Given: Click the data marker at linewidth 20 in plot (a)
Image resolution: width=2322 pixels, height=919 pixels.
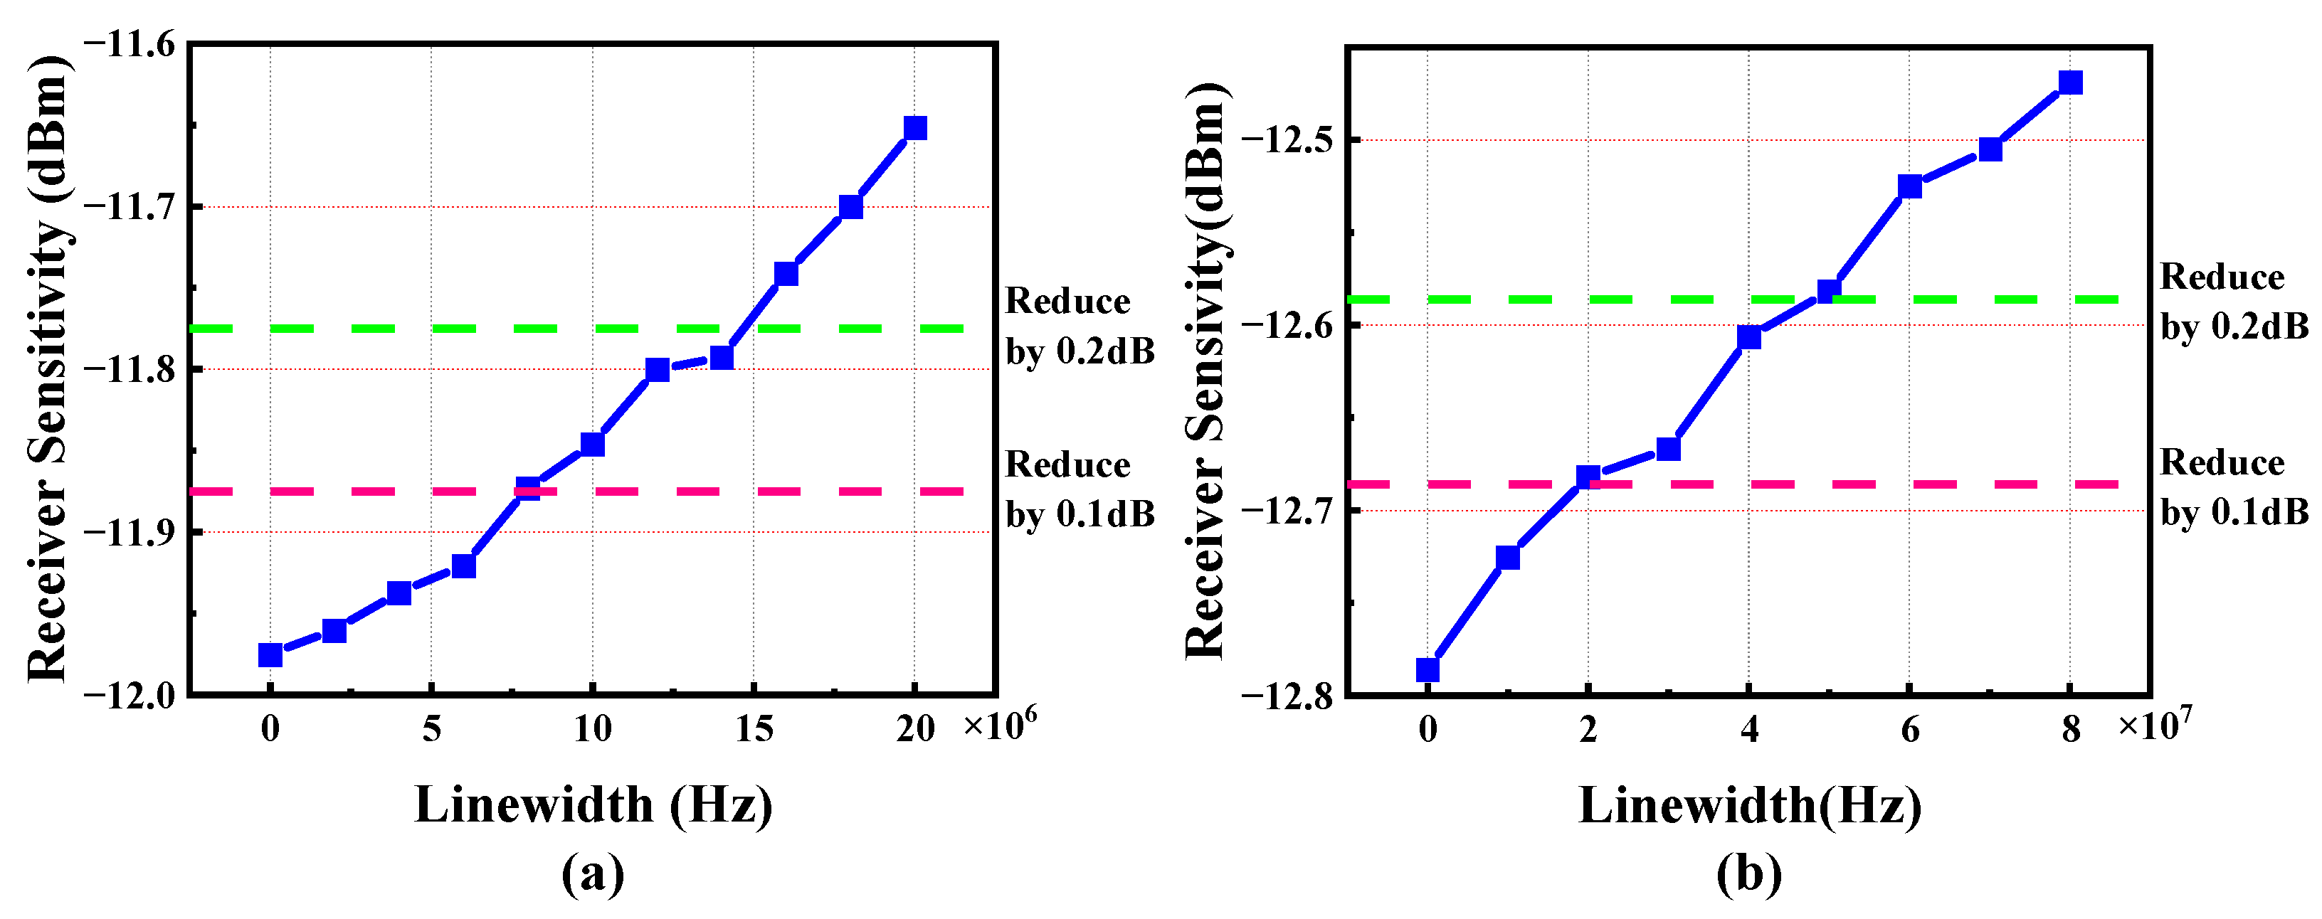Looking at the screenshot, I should (915, 128).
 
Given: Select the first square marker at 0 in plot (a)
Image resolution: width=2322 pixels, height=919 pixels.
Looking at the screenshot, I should (270, 655).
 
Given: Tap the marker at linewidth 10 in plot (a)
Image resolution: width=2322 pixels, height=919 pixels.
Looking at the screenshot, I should (592, 444).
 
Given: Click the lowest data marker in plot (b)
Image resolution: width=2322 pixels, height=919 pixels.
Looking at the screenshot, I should (1427, 669).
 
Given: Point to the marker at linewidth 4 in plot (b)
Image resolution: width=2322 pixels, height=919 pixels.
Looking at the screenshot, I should (1748, 337).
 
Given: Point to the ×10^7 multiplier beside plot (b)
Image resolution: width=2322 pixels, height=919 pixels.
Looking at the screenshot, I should (2154, 723).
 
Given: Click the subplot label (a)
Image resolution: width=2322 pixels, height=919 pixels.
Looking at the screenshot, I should (592, 873).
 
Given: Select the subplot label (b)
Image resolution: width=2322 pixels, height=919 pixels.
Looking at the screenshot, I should (1748, 873).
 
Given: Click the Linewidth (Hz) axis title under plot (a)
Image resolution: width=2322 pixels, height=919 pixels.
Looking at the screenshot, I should (592, 804).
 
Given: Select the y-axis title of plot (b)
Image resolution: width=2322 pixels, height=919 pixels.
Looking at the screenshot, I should (1206, 369).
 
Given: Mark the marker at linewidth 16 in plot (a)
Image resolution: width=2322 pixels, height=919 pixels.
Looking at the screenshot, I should (786, 273).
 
